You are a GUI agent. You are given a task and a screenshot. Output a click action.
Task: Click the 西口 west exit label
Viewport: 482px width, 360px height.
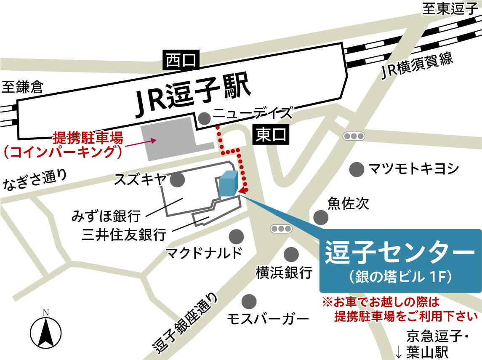(181, 61)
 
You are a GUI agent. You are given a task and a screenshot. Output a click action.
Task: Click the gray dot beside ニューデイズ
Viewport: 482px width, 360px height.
(205, 118)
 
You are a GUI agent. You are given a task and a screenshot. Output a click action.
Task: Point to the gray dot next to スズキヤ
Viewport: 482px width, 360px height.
(177, 180)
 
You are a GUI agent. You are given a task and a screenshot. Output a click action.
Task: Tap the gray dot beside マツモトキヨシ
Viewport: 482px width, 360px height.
(357, 169)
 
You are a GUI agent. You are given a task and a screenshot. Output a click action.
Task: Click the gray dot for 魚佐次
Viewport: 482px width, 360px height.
(321, 217)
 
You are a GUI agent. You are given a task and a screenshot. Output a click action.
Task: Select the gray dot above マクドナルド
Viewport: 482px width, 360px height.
(236, 236)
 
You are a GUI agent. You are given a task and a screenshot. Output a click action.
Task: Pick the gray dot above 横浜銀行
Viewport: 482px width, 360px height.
(291, 254)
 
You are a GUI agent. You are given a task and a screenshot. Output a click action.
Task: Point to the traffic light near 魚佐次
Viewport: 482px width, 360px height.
(281, 229)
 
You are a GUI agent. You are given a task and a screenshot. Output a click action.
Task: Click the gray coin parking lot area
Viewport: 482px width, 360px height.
(168, 139)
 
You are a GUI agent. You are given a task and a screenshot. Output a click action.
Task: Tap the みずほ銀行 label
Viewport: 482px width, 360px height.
(106, 216)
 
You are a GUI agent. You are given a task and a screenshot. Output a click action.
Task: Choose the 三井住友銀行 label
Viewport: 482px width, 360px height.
(124, 235)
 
